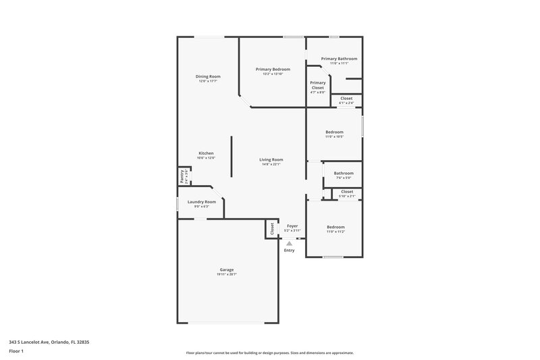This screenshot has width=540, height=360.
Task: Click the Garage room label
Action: (x=226, y=269)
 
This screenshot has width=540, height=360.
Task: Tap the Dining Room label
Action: (x=208, y=76)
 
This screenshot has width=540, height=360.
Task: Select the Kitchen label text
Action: (x=206, y=153)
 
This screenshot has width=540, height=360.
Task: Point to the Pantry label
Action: (x=182, y=176)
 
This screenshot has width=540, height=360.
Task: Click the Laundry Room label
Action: (x=201, y=202)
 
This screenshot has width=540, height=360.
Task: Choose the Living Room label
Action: (x=271, y=159)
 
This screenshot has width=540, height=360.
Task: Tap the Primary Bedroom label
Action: (x=273, y=70)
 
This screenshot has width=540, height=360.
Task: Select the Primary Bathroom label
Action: (x=339, y=59)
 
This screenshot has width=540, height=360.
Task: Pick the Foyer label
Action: (x=292, y=226)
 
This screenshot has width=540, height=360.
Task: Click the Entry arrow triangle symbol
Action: (x=290, y=243)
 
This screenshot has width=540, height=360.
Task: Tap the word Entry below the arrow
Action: (x=290, y=251)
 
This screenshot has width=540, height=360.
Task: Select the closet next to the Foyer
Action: (x=272, y=229)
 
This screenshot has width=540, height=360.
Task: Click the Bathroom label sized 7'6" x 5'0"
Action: (x=343, y=173)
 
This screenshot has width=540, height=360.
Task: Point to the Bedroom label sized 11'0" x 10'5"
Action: (x=334, y=132)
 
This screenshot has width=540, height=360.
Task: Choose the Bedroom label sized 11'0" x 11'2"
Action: (x=335, y=227)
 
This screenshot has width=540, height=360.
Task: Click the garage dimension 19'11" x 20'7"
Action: (x=226, y=274)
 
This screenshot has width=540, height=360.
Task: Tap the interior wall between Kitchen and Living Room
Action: (x=232, y=157)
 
